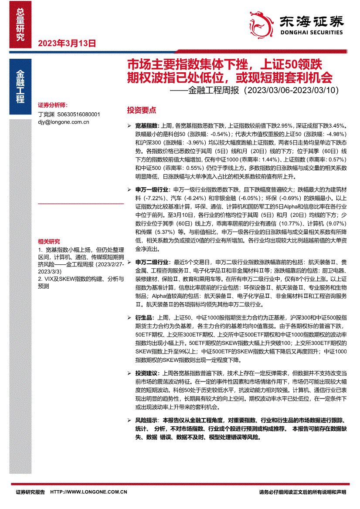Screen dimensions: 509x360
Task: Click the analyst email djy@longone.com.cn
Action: pos(64,122)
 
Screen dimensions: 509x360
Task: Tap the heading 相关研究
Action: pos(49,242)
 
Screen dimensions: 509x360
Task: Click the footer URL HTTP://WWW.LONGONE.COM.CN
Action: pos(88,492)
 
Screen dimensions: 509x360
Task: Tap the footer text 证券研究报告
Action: pos(30,492)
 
